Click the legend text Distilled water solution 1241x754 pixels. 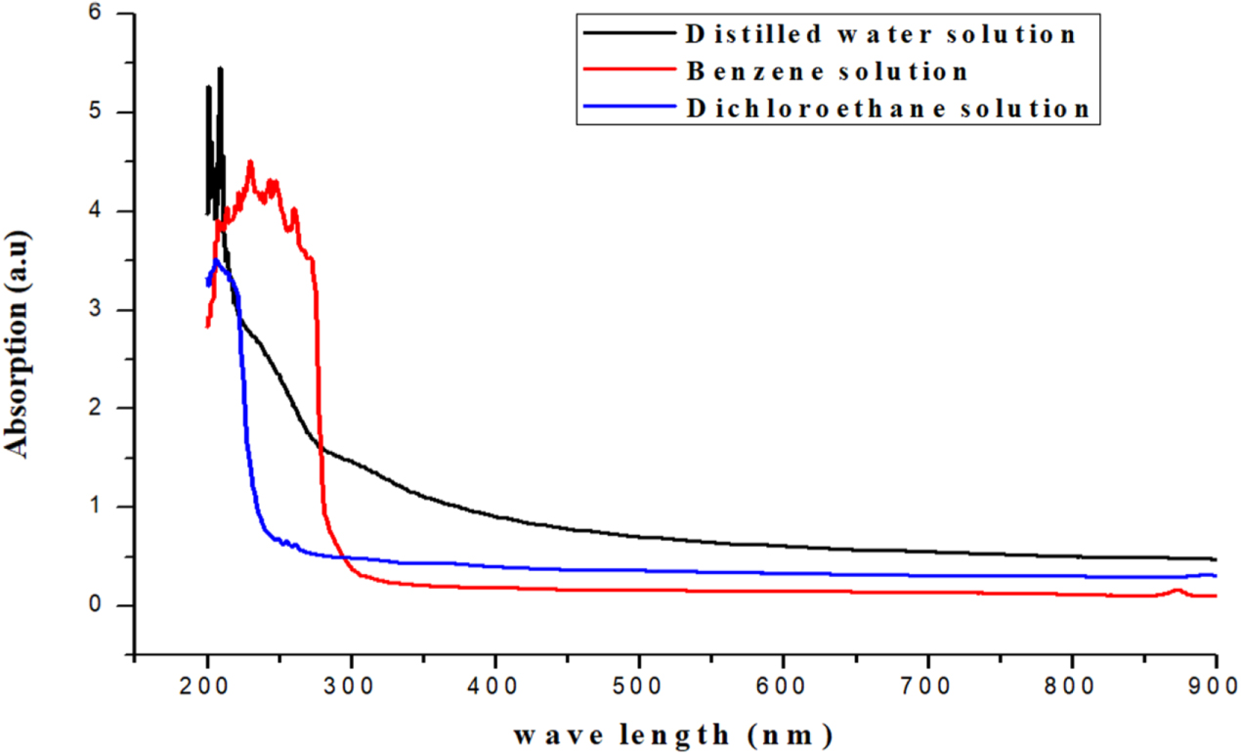(880, 34)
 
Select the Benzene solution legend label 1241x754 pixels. (827, 71)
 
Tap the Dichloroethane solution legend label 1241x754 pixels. (887, 109)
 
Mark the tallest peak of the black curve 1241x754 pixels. (220, 68)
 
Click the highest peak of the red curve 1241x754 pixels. (250, 162)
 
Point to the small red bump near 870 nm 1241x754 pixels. (1178, 590)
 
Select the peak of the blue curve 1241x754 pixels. (217, 260)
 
